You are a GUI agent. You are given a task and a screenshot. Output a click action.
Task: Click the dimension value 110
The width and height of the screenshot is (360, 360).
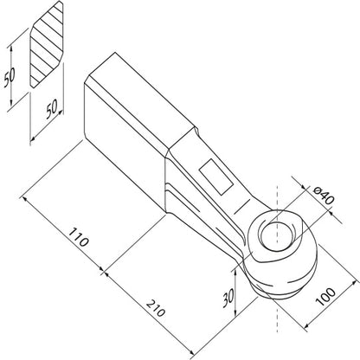click(x=78, y=238)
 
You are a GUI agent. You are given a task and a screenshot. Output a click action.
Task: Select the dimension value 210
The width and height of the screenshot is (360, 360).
click(x=156, y=308)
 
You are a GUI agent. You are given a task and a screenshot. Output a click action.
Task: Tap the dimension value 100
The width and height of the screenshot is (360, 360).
click(x=325, y=297)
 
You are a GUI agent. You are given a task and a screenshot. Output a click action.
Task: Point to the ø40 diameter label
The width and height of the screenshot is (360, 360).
click(x=323, y=195)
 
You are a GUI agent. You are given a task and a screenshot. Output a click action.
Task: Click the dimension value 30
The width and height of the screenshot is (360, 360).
click(x=228, y=299)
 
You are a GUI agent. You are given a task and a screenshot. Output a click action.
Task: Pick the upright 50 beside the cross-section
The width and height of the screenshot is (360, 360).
click(x=10, y=78)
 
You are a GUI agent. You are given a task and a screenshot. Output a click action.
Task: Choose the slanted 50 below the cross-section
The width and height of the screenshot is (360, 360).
click(x=52, y=109)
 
